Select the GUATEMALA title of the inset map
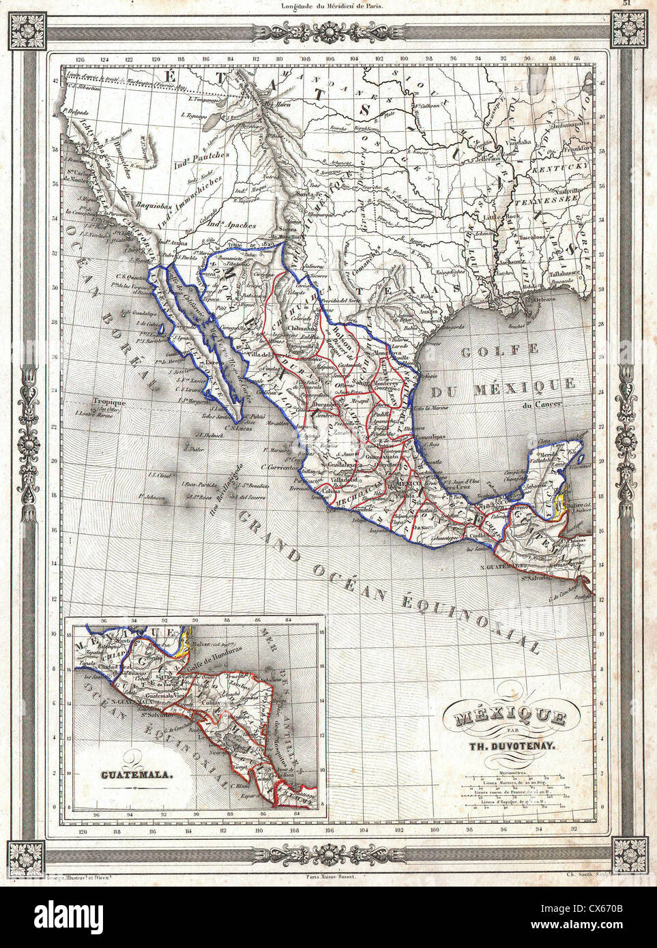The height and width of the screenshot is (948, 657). pyautogui.click(x=136, y=775)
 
